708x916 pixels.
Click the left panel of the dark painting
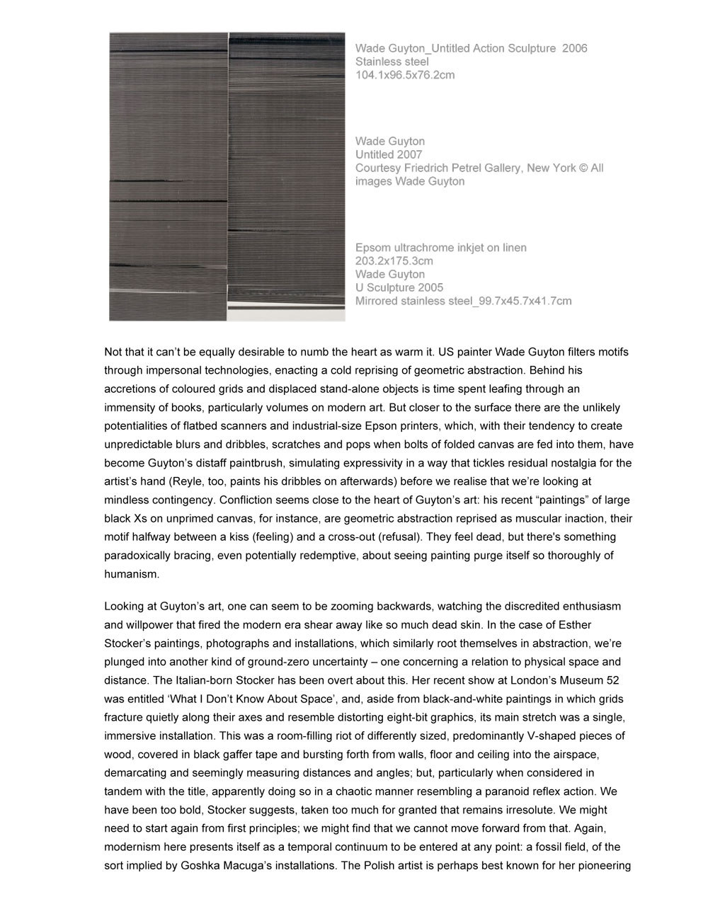point(168,177)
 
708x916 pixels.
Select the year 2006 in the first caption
point(574,48)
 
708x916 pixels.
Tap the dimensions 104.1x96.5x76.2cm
point(405,75)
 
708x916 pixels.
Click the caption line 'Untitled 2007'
point(389,154)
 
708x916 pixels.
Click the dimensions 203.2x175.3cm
point(394,261)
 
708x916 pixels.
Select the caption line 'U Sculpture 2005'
point(399,287)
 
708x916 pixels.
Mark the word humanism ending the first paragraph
point(131,574)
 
